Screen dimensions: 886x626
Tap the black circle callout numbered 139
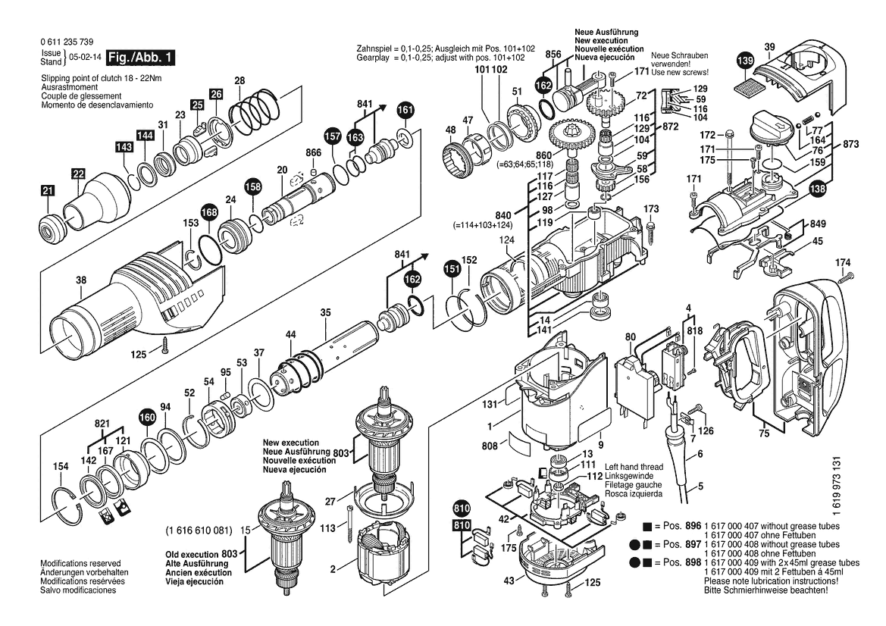coord(745,61)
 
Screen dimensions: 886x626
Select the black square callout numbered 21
coord(48,190)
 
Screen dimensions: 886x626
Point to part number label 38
coord(81,279)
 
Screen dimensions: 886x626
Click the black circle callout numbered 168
coord(209,212)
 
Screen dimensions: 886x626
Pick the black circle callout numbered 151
coord(452,270)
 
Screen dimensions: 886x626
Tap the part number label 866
coord(314,152)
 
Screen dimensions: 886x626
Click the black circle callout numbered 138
coord(817,189)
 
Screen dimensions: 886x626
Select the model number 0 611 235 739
coord(67,42)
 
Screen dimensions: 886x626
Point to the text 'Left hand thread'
coord(634,467)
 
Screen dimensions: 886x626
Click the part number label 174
coord(843,262)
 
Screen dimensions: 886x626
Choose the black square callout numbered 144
coord(146,136)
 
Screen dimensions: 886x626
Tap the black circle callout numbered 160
coord(147,418)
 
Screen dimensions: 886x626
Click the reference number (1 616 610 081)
coord(199,531)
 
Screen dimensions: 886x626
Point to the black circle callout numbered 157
coord(333,136)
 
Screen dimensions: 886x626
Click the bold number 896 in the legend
coord(693,526)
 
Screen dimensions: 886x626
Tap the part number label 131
coord(490,404)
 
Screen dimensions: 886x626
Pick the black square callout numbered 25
coord(196,105)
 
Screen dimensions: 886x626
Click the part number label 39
coord(769,48)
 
